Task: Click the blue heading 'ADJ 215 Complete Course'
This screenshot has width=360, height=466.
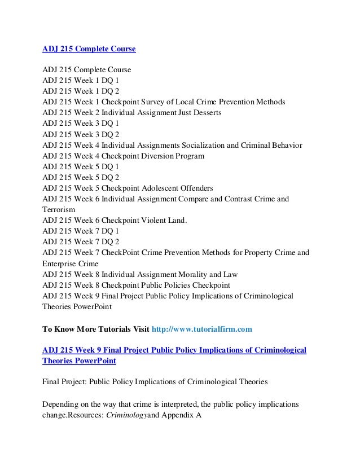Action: point(89,49)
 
